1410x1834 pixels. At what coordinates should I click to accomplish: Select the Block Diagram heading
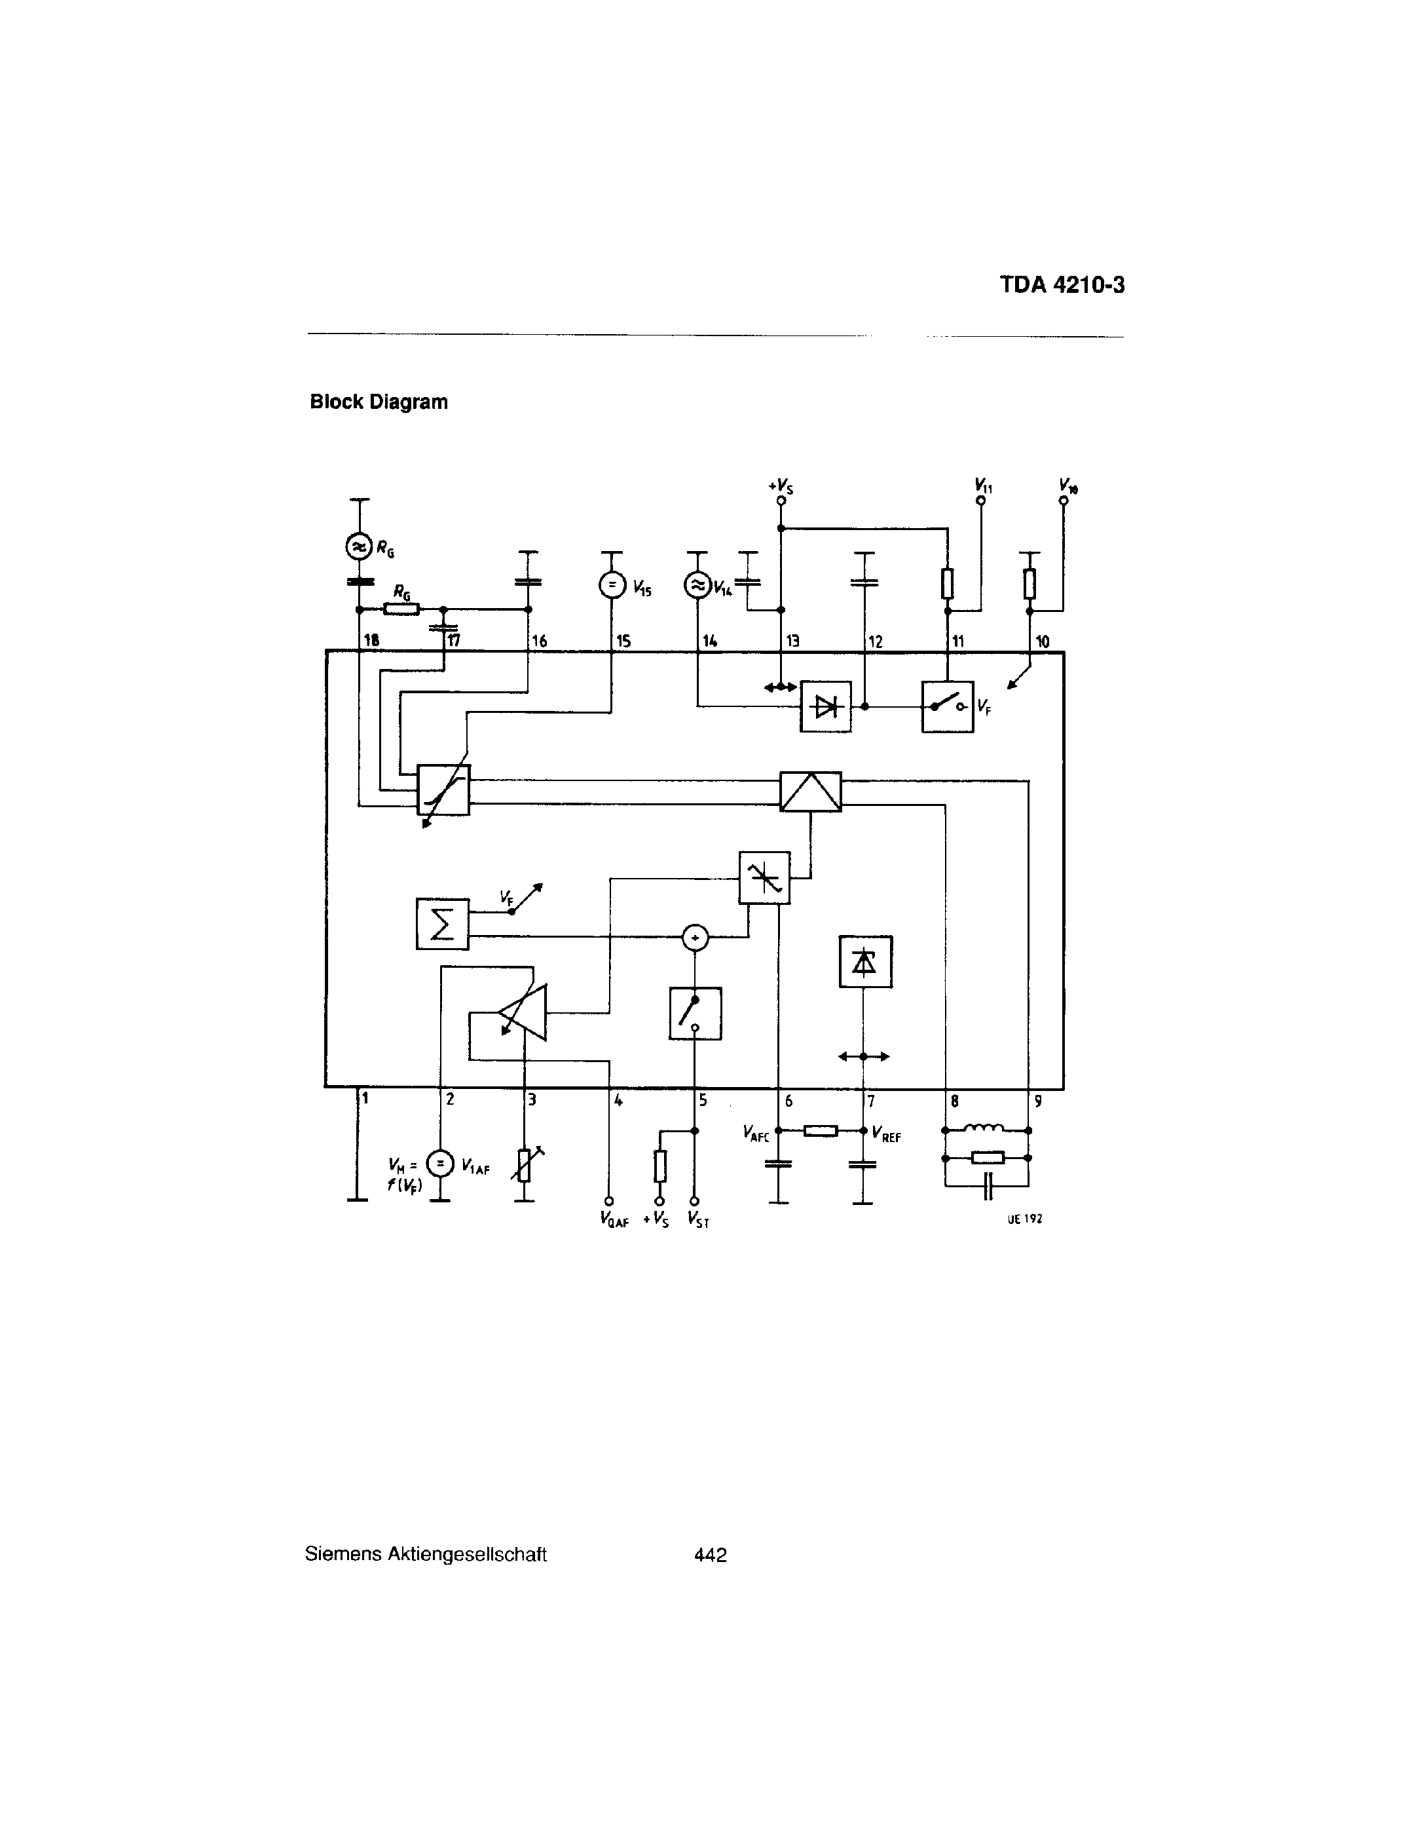[x=379, y=402]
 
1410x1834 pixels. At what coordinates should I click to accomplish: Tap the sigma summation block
[x=442, y=924]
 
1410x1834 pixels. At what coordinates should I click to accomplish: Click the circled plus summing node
[x=694, y=936]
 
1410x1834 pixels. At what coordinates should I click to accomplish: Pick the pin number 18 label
[x=370, y=641]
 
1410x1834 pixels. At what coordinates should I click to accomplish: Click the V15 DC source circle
[x=612, y=584]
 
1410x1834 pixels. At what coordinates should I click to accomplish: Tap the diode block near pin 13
[x=826, y=707]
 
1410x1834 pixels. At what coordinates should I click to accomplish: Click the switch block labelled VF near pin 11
[x=948, y=707]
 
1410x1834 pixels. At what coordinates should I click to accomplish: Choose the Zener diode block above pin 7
[x=865, y=961]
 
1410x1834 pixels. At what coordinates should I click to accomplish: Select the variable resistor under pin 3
[x=525, y=1165]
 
